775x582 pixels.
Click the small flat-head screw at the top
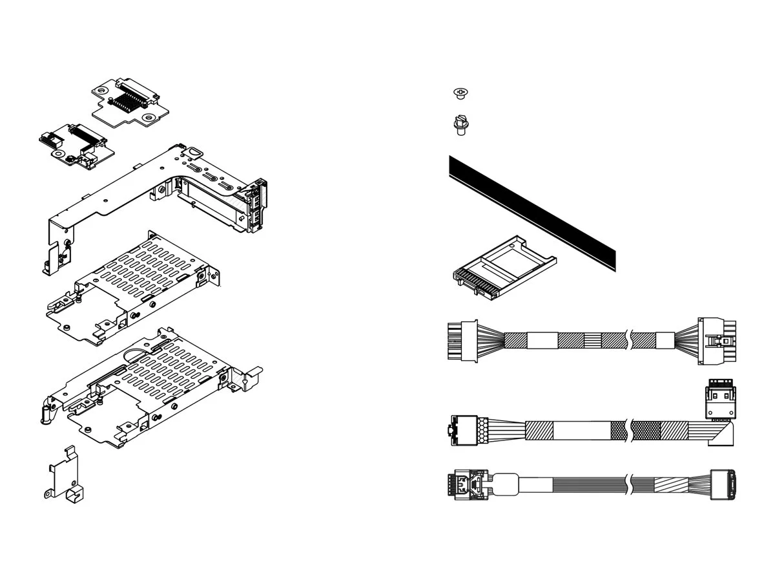(460, 94)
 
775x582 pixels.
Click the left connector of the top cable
(461, 340)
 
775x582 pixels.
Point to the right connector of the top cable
(718, 341)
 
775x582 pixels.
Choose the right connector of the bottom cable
(723, 485)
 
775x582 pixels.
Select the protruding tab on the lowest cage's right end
(254, 375)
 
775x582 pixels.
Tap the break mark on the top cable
(628, 340)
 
